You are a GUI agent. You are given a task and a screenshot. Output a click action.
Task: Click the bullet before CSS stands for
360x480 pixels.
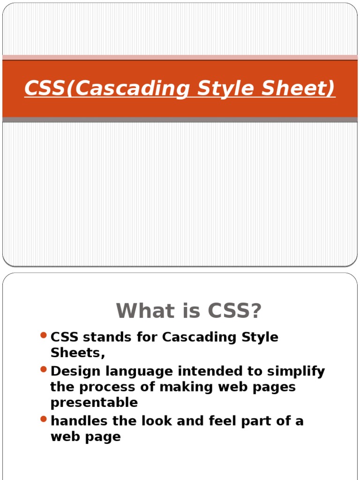[44, 335]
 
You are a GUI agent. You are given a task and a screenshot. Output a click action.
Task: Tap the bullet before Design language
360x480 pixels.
[44, 370]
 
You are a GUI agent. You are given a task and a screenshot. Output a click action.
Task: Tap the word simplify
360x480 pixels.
[296, 371]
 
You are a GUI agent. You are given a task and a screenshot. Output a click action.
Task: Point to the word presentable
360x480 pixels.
[94, 403]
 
